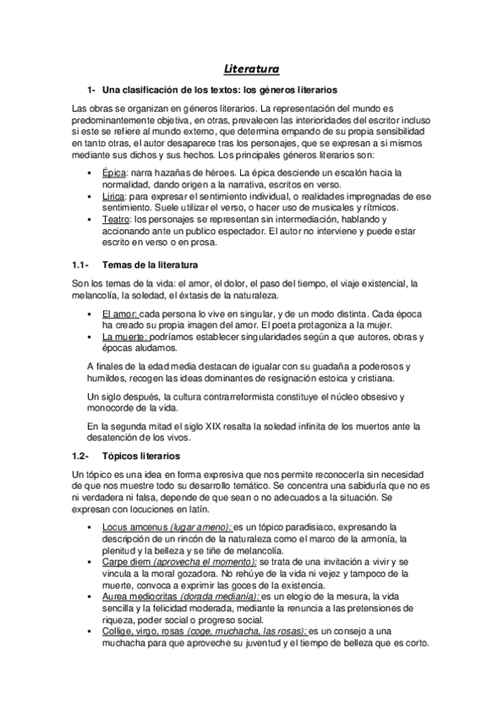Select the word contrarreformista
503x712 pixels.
233,395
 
